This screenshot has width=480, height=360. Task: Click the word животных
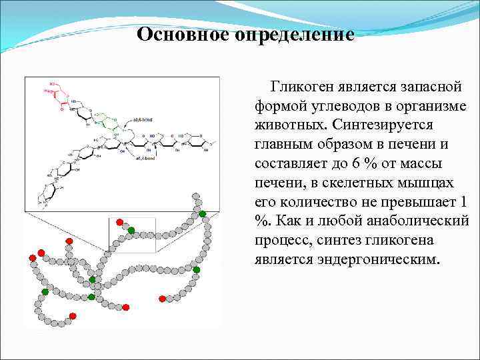287,125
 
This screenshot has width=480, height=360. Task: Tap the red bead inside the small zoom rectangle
119,221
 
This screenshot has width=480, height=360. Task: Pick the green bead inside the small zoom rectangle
131,230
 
